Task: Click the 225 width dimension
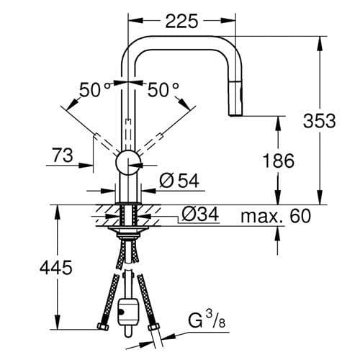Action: point(181,21)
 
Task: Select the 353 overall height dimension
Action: point(319,120)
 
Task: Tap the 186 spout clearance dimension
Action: point(278,161)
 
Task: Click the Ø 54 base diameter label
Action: point(177,181)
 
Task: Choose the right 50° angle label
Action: point(164,90)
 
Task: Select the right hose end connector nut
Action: point(156,329)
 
